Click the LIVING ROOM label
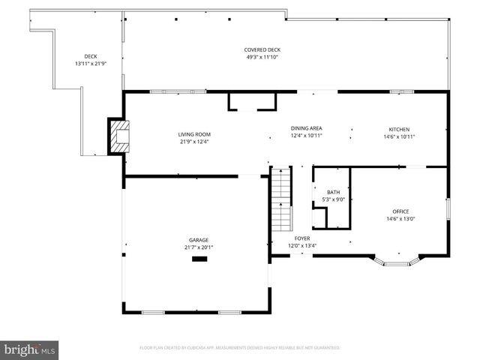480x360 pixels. pyautogui.click(x=193, y=134)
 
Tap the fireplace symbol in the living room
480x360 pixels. pyautogui.click(x=118, y=136)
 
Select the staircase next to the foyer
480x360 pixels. pyautogui.click(x=280, y=199)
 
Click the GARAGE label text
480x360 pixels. pyautogui.click(x=199, y=240)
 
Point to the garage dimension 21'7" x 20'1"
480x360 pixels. pyautogui.click(x=199, y=247)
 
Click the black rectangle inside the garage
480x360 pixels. pyautogui.click(x=199, y=259)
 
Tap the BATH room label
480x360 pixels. pyautogui.click(x=331, y=193)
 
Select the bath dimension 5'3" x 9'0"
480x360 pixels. pyautogui.click(x=331, y=199)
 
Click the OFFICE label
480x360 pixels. pyautogui.click(x=400, y=211)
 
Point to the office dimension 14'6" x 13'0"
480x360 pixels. pyautogui.click(x=400, y=219)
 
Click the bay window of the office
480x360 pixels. pyautogui.click(x=397, y=262)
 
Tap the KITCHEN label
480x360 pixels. pyautogui.click(x=399, y=129)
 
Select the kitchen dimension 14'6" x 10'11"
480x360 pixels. pyautogui.click(x=399, y=136)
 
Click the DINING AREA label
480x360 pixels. pyautogui.click(x=307, y=128)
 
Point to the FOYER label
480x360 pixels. pyautogui.click(x=302, y=238)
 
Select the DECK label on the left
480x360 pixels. pyautogui.click(x=91, y=56)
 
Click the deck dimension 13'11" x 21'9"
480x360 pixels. pyautogui.click(x=91, y=64)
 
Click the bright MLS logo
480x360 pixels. pyautogui.click(x=30, y=349)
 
